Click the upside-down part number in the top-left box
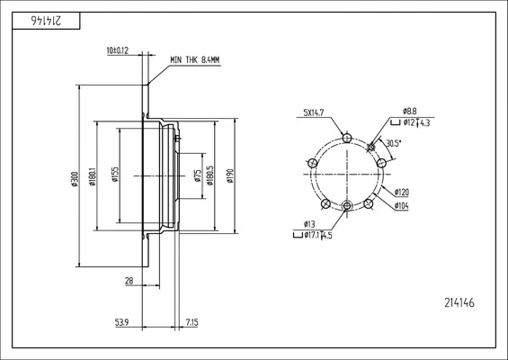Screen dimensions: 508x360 46,21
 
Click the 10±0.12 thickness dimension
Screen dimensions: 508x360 118,50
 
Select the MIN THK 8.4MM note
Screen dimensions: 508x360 195,60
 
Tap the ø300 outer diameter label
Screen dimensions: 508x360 75,179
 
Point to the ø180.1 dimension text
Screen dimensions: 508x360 93,176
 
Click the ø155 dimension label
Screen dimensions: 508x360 115,175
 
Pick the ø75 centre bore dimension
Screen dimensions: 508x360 198,175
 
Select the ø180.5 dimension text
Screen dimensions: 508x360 210,175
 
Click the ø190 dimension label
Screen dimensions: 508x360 230,176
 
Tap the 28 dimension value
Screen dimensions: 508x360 129,281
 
